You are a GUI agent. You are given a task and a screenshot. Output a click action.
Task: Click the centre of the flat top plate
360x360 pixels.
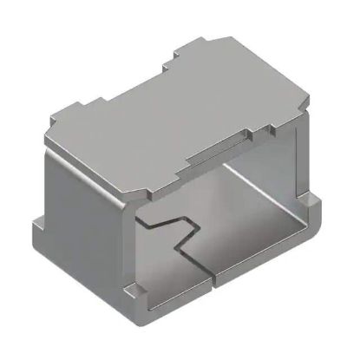tap(178, 108)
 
